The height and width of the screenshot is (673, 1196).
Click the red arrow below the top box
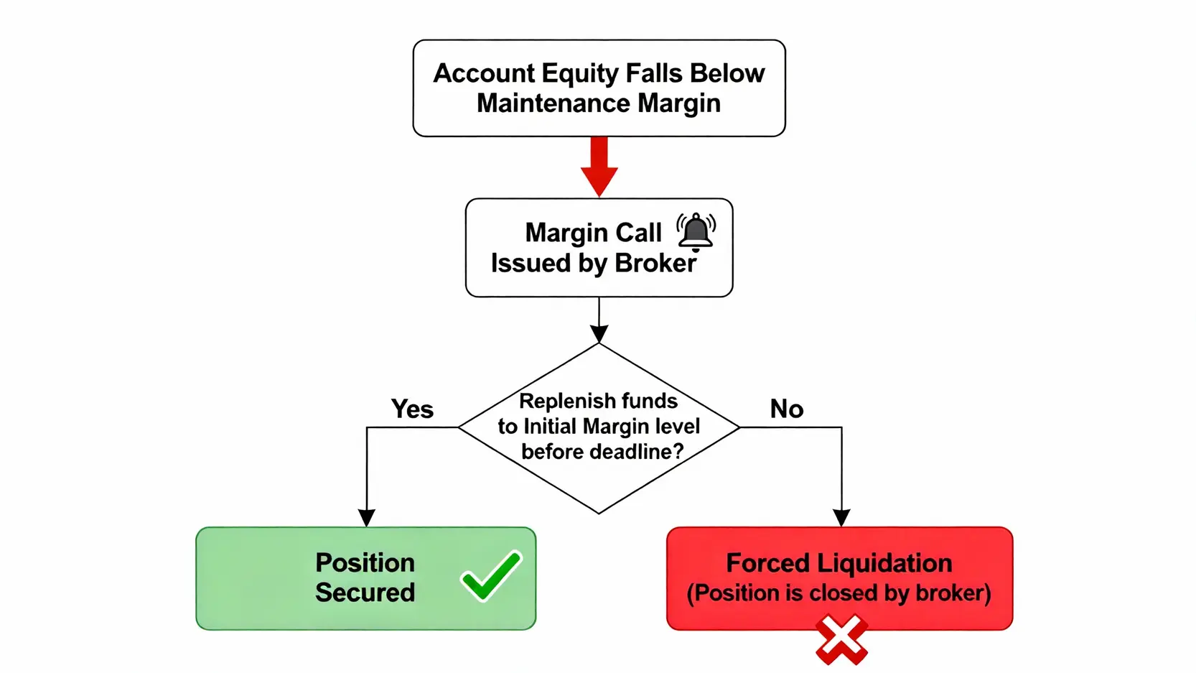click(599, 167)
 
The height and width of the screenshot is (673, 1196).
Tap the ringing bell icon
click(696, 231)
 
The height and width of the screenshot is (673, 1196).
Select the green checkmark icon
click(492, 575)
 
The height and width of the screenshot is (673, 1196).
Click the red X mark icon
click(841, 639)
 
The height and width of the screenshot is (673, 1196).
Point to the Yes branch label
click(412, 409)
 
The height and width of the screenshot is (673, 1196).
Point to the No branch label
click(786, 409)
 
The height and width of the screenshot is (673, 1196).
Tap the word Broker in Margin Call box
click(655, 264)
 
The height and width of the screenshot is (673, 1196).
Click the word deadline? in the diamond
click(637, 452)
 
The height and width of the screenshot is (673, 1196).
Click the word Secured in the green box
click(365, 593)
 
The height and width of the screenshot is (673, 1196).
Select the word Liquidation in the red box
click(884, 563)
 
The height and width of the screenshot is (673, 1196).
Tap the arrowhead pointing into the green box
click(367, 518)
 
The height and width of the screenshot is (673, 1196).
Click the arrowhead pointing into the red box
click(841, 518)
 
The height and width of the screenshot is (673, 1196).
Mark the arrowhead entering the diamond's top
click(599, 333)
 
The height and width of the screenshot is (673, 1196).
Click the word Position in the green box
click(365, 562)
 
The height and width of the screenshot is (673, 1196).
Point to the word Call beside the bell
click(638, 233)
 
